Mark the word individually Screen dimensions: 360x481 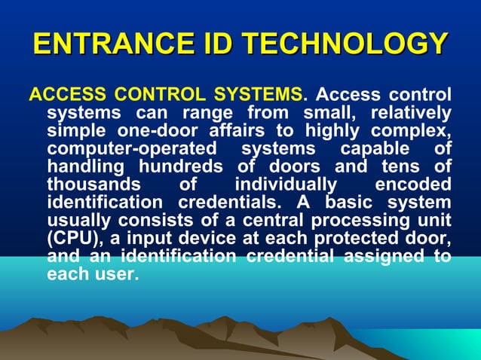[x=286, y=184]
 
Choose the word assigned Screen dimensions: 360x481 [x=387, y=256]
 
